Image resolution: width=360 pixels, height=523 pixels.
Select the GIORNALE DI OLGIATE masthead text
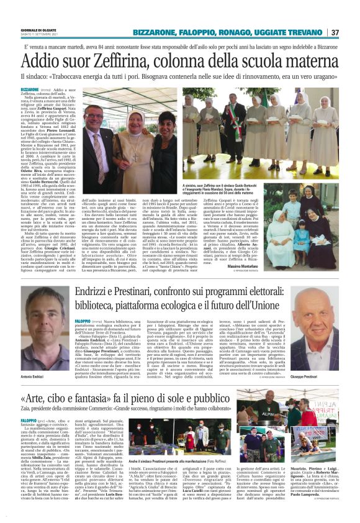pos(37,29)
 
